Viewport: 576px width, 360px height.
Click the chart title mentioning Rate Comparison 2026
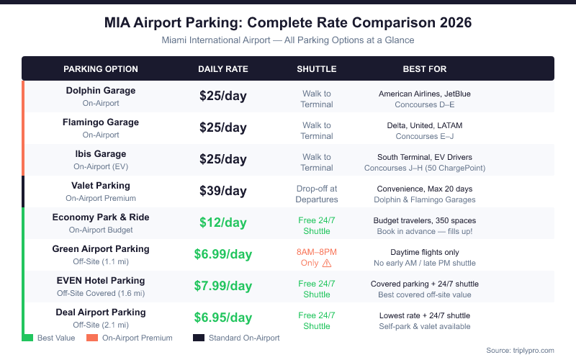click(x=288, y=22)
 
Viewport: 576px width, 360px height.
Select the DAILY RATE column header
click(x=223, y=69)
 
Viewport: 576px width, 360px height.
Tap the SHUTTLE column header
click(x=317, y=69)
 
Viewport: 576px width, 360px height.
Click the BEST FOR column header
click(x=425, y=69)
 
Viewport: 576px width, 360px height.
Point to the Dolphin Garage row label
click(x=101, y=91)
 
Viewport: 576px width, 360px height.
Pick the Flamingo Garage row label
click(x=101, y=122)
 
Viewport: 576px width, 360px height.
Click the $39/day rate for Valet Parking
click(x=223, y=192)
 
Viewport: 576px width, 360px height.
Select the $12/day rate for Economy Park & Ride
click(x=223, y=222)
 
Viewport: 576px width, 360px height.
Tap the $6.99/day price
click(x=223, y=254)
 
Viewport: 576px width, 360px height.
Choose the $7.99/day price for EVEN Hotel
click(x=223, y=286)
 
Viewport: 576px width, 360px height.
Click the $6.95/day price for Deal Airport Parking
click(x=223, y=318)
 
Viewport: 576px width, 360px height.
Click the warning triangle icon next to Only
click(x=327, y=264)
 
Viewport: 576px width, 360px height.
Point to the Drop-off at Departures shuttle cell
click(x=317, y=194)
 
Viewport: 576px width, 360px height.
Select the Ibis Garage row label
click(x=101, y=154)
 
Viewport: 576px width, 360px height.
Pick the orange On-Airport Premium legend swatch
click(x=91, y=338)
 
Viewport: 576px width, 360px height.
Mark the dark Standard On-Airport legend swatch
click(x=198, y=338)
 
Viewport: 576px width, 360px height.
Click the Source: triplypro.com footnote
click(x=520, y=350)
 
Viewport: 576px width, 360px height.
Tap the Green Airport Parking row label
click(x=101, y=249)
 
